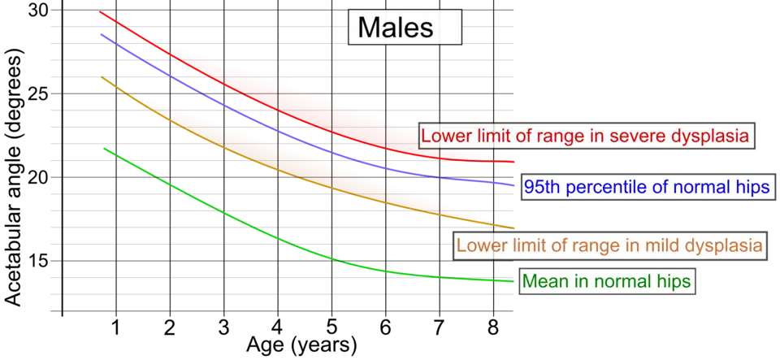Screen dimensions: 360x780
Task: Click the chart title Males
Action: (396, 28)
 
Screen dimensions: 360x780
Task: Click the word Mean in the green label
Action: (544, 281)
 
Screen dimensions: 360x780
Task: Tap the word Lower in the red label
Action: (444, 136)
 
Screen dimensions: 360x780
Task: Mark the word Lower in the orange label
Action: (479, 245)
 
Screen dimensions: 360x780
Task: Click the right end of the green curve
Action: (513, 282)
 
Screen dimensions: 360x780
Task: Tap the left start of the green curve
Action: (101, 149)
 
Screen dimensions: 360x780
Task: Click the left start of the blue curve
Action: (99, 34)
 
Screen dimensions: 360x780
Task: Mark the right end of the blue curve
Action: (516, 186)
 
